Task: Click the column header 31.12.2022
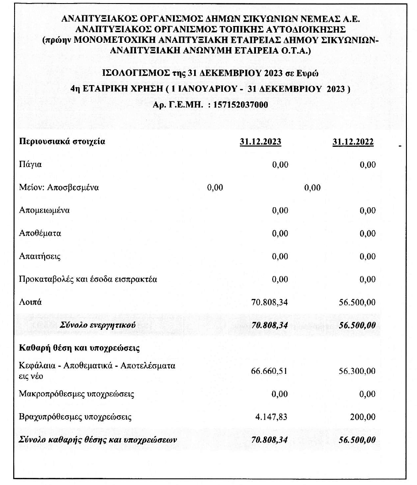click(x=353, y=142)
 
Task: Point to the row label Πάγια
click(x=30, y=165)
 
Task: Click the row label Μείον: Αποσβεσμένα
click(x=59, y=187)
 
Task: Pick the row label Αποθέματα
click(x=40, y=233)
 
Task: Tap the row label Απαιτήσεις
click(x=40, y=256)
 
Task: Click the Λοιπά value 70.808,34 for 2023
click(x=269, y=302)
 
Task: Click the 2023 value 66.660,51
click(x=269, y=371)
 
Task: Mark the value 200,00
click(x=363, y=417)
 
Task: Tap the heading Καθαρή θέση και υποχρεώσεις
click(x=79, y=348)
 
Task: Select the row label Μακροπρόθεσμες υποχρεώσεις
click(x=77, y=394)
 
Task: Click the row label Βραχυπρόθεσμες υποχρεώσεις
click(x=75, y=417)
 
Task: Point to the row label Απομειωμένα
click(x=44, y=210)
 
